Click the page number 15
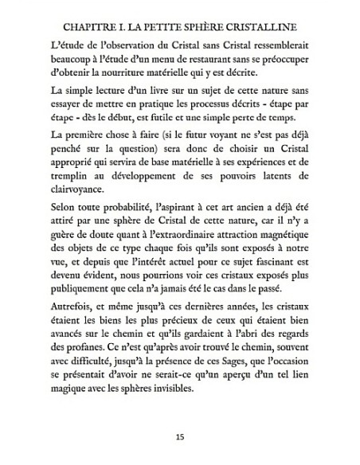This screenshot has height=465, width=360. tap(179, 437)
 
